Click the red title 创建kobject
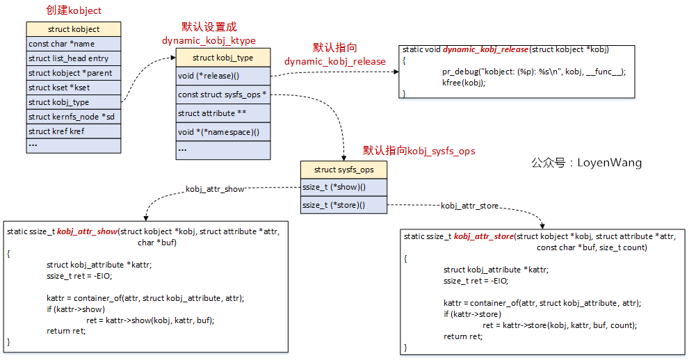(73, 10)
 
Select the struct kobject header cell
(73, 29)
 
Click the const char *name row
(73, 44)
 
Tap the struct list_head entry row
(73, 58)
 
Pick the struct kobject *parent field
(73, 73)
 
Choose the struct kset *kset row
(73, 88)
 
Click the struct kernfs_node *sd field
(73, 116)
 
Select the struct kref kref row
(73, 131)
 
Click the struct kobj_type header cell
(222, 58)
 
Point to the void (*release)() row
(222, 76)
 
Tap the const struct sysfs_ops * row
(222, 95)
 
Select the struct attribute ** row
(222, 113)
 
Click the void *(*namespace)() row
(222, 132)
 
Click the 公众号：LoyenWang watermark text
(586, 163)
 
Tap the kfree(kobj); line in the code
(464, 82)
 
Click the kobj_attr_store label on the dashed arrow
(469, 206)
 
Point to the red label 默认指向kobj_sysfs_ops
(419, 151)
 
